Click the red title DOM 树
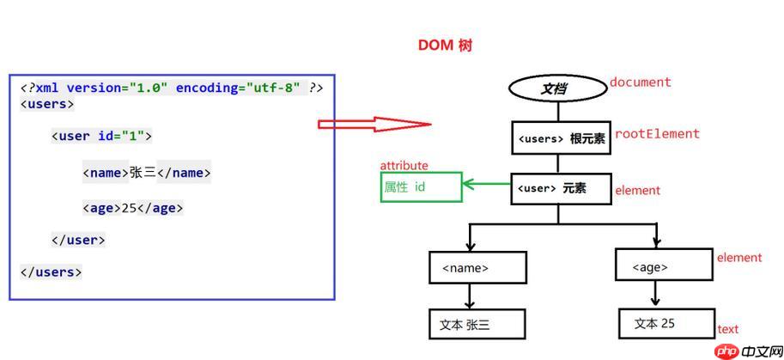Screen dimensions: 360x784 (445, 46)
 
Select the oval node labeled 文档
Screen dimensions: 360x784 (558, 88)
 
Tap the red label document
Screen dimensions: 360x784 (640, 82)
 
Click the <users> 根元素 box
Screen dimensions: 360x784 (560, 137)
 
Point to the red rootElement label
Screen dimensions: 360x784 (657, 134)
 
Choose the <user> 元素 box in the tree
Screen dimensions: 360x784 (560, 189)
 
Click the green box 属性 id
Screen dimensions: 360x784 (421, 187)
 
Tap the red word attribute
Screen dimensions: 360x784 (404, 166)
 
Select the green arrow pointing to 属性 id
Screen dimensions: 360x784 (486, 183)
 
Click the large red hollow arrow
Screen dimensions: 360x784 (374, 125)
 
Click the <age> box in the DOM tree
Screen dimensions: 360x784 (663, 266)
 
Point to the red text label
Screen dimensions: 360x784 (727, 329)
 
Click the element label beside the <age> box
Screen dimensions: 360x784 (738, 258)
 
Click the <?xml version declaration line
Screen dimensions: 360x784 (172, 88)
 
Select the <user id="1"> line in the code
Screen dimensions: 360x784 (101, 136)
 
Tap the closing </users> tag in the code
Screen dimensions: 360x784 (51, 272)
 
